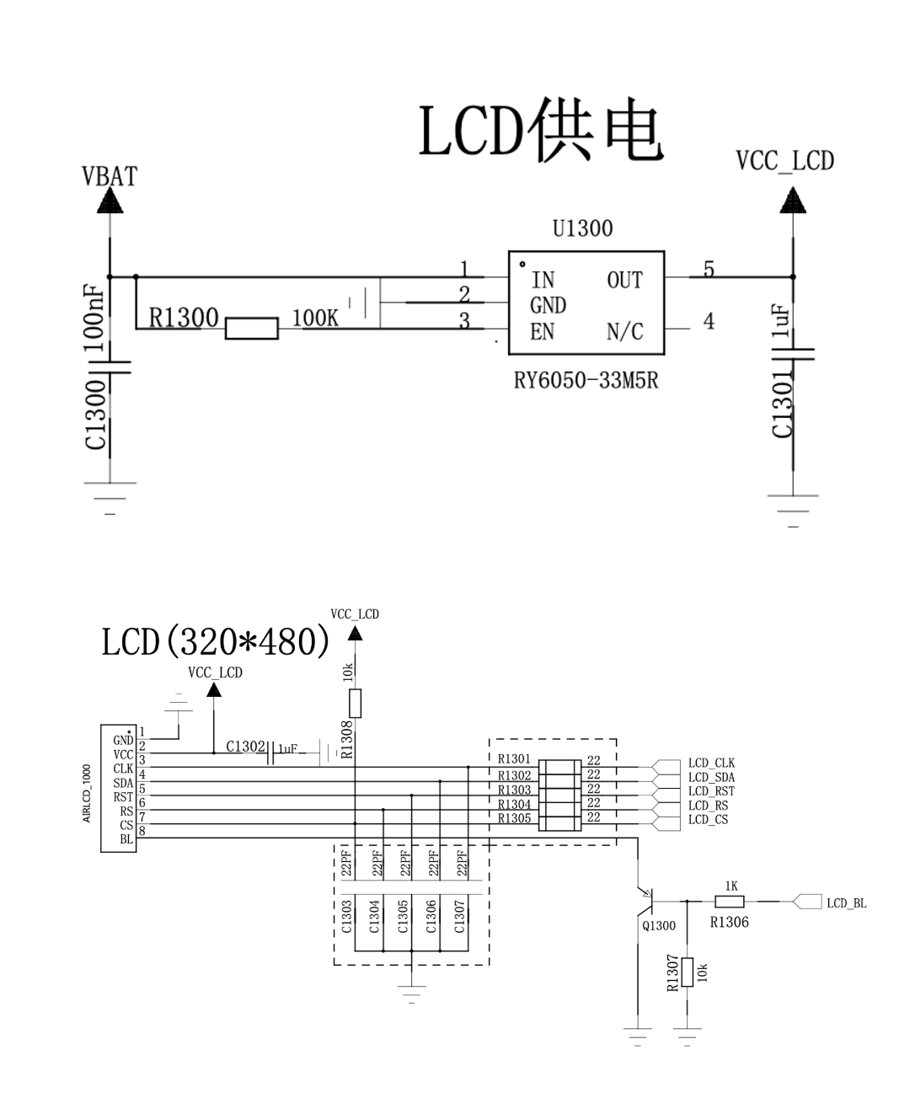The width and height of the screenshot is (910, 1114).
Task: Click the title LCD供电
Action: (541, 131)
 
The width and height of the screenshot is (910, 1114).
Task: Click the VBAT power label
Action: (109, 176)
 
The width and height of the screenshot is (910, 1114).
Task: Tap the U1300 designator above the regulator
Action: (582, 228)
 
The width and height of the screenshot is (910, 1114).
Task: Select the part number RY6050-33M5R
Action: (586, 381)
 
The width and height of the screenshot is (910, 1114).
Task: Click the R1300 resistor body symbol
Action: (251, 328)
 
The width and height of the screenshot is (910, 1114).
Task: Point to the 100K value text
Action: (314, 318)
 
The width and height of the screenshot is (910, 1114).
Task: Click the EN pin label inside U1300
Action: (542, 332)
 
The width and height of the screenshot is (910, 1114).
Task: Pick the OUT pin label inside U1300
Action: (624, 281)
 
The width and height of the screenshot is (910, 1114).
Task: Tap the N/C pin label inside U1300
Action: (624, 332)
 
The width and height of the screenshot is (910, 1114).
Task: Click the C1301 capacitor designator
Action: (783, 407)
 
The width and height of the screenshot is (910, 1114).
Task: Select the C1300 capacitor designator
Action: (96, 415)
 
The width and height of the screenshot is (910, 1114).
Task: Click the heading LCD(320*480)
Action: (216, 642)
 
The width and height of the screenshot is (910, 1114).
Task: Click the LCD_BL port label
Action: (846, 903)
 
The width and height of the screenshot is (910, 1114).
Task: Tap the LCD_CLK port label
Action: (711, 763)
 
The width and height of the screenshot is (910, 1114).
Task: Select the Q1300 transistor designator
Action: (659, 925)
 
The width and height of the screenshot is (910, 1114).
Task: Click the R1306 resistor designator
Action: (729, 922)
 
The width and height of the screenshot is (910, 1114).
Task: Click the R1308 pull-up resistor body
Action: (355, 703)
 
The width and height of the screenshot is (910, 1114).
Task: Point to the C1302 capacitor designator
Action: (245, 747)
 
